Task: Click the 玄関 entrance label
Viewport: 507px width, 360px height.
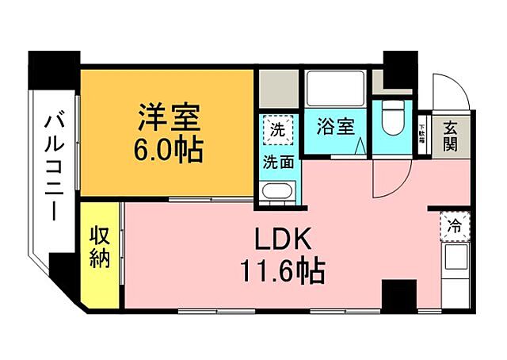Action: (450, 135)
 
